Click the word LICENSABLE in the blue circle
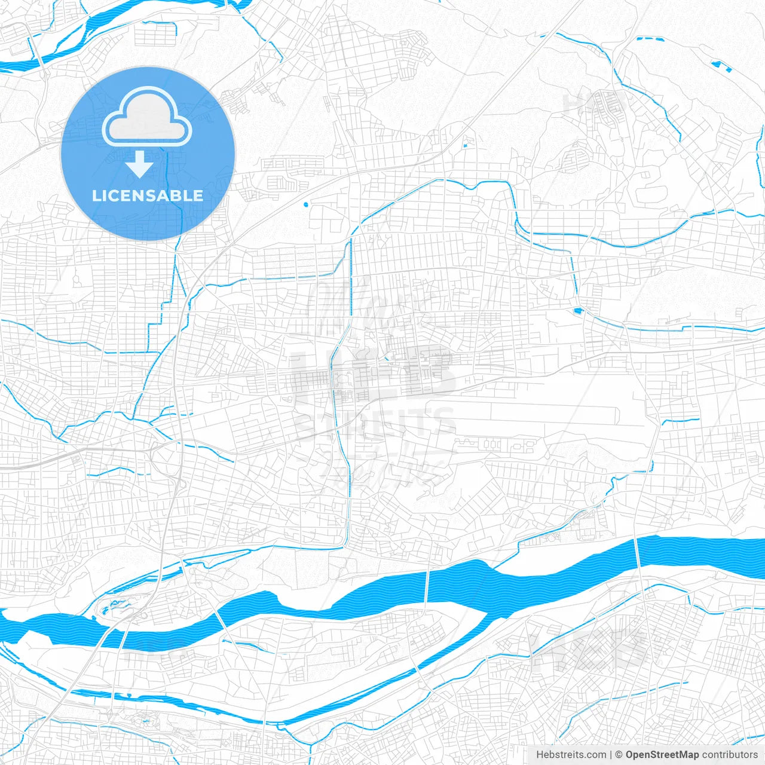[x=147, y=195]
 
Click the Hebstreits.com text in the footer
[x=571, y=755]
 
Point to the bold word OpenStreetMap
[x=662, y=755]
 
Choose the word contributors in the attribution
[x=730, y=755]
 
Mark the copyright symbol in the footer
[x=619, y=755]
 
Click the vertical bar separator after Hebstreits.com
[x=610, y=755]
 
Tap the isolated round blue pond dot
[x=306, y=205]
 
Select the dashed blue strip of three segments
[x=650, y=39]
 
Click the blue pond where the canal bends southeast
[x=577, y=310]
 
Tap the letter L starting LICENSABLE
[x=96, y=195]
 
